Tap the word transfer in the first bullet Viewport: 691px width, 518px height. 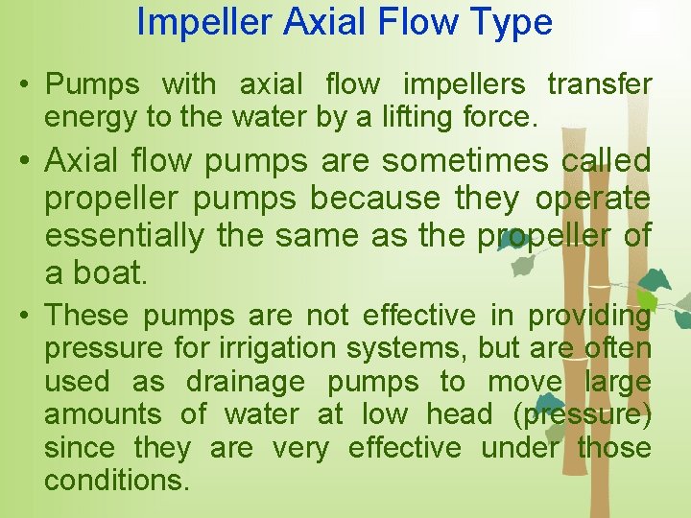(x=599, y=84)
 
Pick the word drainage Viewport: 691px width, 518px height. (x=246, y=382)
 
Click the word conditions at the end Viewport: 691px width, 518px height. (x=116, y=480)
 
